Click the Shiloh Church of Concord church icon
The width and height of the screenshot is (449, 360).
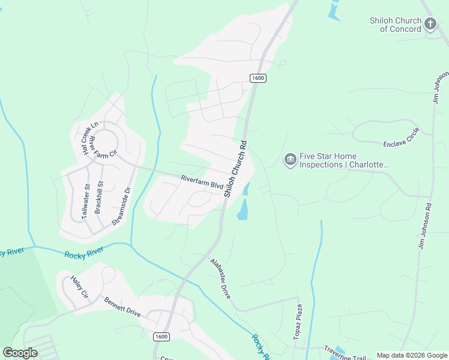coord(430,24)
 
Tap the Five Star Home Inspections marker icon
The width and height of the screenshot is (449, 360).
coord(290,160)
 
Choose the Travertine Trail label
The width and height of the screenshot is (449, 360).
coord(345,354)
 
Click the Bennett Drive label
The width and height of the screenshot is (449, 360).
coord(122,307)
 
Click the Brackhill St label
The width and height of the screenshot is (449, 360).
coord(100,199)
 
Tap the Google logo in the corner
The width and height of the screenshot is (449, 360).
coord(20,353)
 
